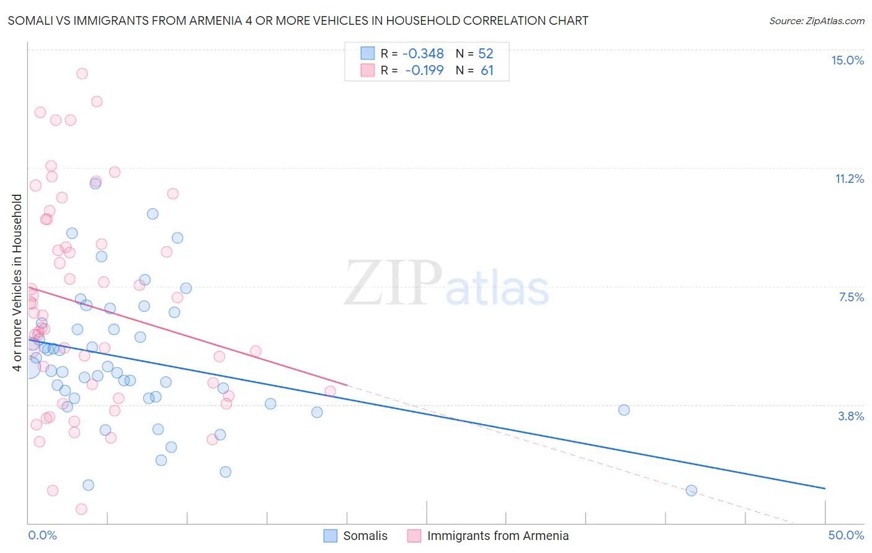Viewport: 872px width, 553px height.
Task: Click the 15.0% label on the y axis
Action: point(847,60)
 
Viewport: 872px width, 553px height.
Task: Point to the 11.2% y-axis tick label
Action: point(849,179)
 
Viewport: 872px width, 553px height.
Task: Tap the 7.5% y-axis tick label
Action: point(851,297)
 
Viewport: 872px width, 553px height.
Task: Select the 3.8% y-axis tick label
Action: point(851,416)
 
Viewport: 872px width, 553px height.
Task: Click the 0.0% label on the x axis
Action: point(42,535)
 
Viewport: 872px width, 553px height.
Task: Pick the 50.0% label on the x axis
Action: point(846,535)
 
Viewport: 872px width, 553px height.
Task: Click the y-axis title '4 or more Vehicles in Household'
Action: point(17,283)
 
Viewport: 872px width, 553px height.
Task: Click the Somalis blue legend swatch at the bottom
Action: point(331,536)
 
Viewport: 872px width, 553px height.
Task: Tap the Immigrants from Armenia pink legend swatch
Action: point(414,536)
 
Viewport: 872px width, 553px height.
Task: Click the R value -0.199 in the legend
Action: point(424,70)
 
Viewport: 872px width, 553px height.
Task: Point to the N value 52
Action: point(486,53)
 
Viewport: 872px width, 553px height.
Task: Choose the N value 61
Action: point(487,70)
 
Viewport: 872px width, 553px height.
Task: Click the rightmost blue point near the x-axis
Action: point(692,490)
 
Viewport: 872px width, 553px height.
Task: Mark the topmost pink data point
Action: point(82,74)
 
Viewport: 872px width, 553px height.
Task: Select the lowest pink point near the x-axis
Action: point(81,509)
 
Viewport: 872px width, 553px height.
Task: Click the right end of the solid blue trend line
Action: point(825,489)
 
